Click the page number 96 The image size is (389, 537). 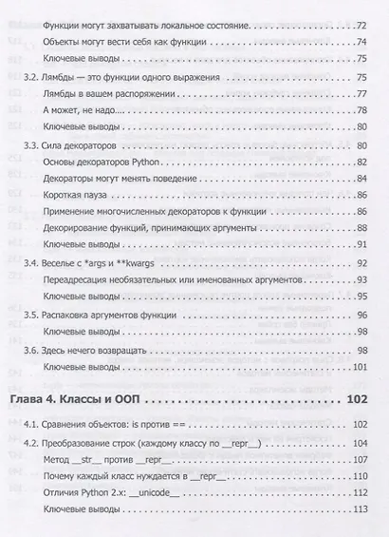click(x=361, y=316)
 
